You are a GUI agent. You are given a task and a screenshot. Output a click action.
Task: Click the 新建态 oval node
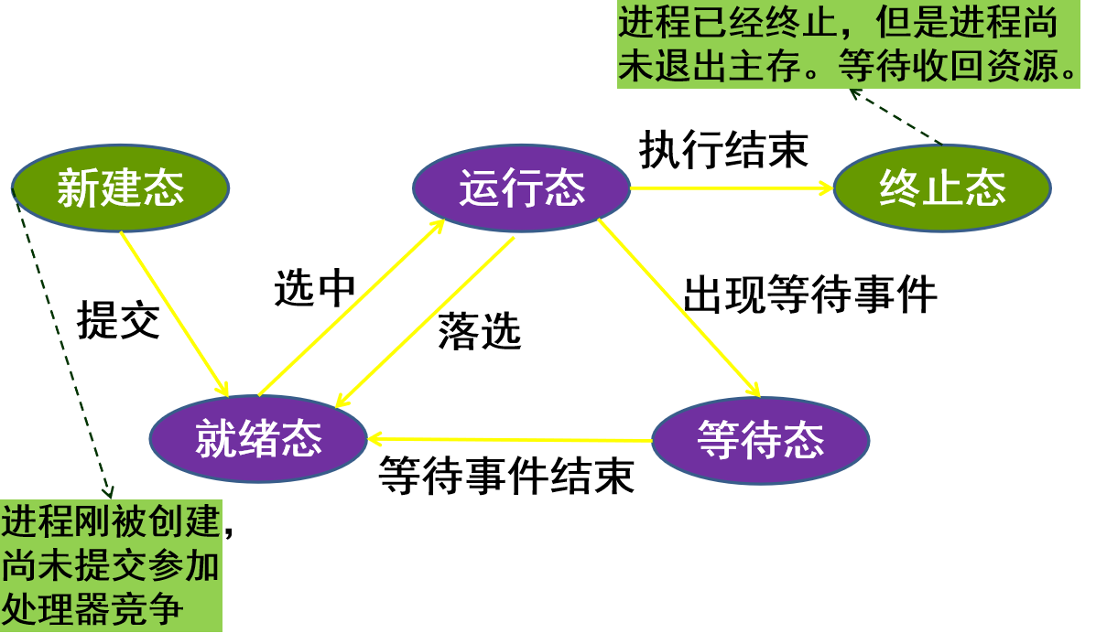tap(120, 188)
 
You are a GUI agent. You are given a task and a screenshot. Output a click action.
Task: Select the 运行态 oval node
tap(521, 188)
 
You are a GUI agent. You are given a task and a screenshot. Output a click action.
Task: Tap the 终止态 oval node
tap(942, 188)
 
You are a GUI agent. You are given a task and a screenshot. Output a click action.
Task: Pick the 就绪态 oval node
tap(258, 439)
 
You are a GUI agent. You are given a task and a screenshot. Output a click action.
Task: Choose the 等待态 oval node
tap(760, 440)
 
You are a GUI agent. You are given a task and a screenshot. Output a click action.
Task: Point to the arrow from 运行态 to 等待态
tap(678, 307)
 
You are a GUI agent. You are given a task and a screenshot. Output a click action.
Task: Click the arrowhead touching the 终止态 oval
tap(827, 188)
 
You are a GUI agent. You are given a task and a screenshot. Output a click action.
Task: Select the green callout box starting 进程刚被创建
tap(111, 565)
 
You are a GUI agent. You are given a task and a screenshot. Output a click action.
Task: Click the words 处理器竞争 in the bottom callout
tap(92, 609)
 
